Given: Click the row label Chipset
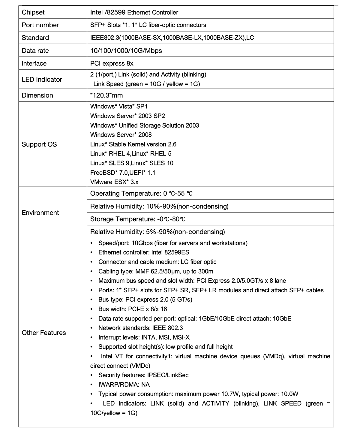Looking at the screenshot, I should (x=33, y=12).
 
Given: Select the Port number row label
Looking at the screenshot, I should (x=40, y=25).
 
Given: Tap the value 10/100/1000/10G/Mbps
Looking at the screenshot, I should (x=126, y=50).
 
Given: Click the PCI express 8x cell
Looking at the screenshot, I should (x=112, y=63).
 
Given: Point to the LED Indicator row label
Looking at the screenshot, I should (x=42, y=79).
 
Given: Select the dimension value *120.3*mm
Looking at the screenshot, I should (x=106, y=95).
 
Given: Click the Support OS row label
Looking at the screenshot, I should (x=39, y=144).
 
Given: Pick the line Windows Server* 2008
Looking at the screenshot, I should (x=121, y=135).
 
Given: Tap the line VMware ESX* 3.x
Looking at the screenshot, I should (x=114, y=182).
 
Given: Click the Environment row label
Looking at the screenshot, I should (x=40, y=212).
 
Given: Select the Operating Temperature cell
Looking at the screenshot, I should (x=141, y=194).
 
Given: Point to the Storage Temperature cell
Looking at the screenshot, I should (x=138, y=219).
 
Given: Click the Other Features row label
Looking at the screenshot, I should (x=44, y=333).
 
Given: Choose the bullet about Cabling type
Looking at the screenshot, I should (x=156, y=271).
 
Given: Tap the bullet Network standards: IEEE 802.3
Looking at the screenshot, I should (x=140, y=328).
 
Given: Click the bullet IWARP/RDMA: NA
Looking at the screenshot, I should (x=124, y=384).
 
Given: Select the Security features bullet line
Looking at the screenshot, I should (x=143, y=375).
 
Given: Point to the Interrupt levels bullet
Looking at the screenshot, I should (x=144, y=337).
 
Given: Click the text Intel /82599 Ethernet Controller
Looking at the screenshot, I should (x=134, y=12).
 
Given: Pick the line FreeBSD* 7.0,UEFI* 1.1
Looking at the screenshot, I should (x=123, y=173).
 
